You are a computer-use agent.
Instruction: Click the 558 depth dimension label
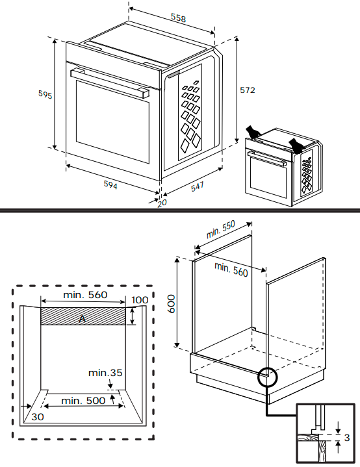point(178,18)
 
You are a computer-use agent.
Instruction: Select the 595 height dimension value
point(45,94)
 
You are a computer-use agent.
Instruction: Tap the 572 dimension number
point(248,90)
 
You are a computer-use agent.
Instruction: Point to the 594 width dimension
point(110,184)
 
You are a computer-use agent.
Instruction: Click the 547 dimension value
point(198,186)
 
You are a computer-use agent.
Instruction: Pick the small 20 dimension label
point(162,203)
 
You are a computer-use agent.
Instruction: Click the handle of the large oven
point(110,82)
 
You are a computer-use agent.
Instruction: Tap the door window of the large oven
point(112,121)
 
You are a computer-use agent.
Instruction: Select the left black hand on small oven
point(253,132)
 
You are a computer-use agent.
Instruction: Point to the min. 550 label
point(220,229)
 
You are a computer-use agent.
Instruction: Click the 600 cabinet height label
point(171,304)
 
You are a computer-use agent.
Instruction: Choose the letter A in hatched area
point(83,319)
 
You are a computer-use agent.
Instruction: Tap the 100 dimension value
point(140,300)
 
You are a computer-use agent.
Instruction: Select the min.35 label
point(105,373)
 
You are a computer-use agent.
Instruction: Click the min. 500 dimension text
point(83,401)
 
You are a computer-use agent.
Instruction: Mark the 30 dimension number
point(38,417)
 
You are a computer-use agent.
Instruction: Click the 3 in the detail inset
point(346,438)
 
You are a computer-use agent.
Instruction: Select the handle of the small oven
point(267,158)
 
